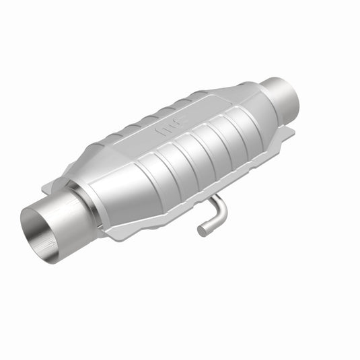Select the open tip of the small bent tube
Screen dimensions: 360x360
click(202, 231)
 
